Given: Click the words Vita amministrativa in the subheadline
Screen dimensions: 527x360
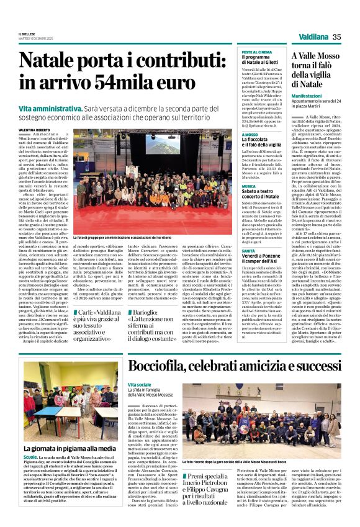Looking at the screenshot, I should (x=48, y=107).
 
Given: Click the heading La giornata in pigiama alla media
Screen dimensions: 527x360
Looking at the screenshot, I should (x=70, y=448).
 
